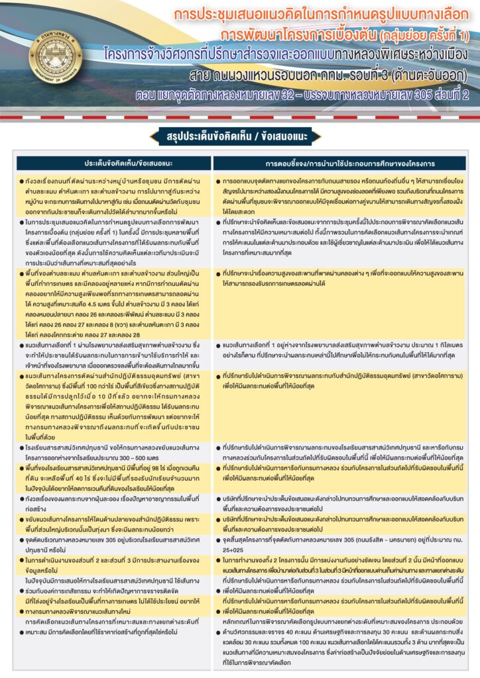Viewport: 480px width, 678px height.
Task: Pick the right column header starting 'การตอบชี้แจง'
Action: tap(349, 162)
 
